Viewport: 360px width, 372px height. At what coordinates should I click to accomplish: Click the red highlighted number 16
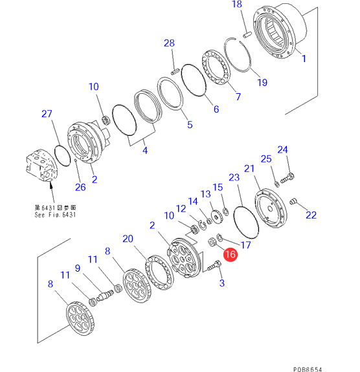(x=231, y=254)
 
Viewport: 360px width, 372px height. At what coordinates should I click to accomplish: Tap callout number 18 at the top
(x=237, y=4)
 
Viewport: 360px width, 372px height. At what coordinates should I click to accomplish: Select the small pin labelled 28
(x=175, y=71)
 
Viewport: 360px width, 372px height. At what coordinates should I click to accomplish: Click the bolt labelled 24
(x=287, y=178)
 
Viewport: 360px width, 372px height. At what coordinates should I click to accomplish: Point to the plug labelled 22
(x=293, y=201)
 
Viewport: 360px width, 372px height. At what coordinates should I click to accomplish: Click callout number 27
(x=47, y=114)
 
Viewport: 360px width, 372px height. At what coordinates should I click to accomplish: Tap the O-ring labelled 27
(x=62, y=156)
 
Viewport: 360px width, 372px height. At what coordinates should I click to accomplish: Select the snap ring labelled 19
(x=238, y=54)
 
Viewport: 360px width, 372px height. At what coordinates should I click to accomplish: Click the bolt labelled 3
(x=214, y=265)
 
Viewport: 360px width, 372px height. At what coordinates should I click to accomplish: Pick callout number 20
(x=128, y=239)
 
